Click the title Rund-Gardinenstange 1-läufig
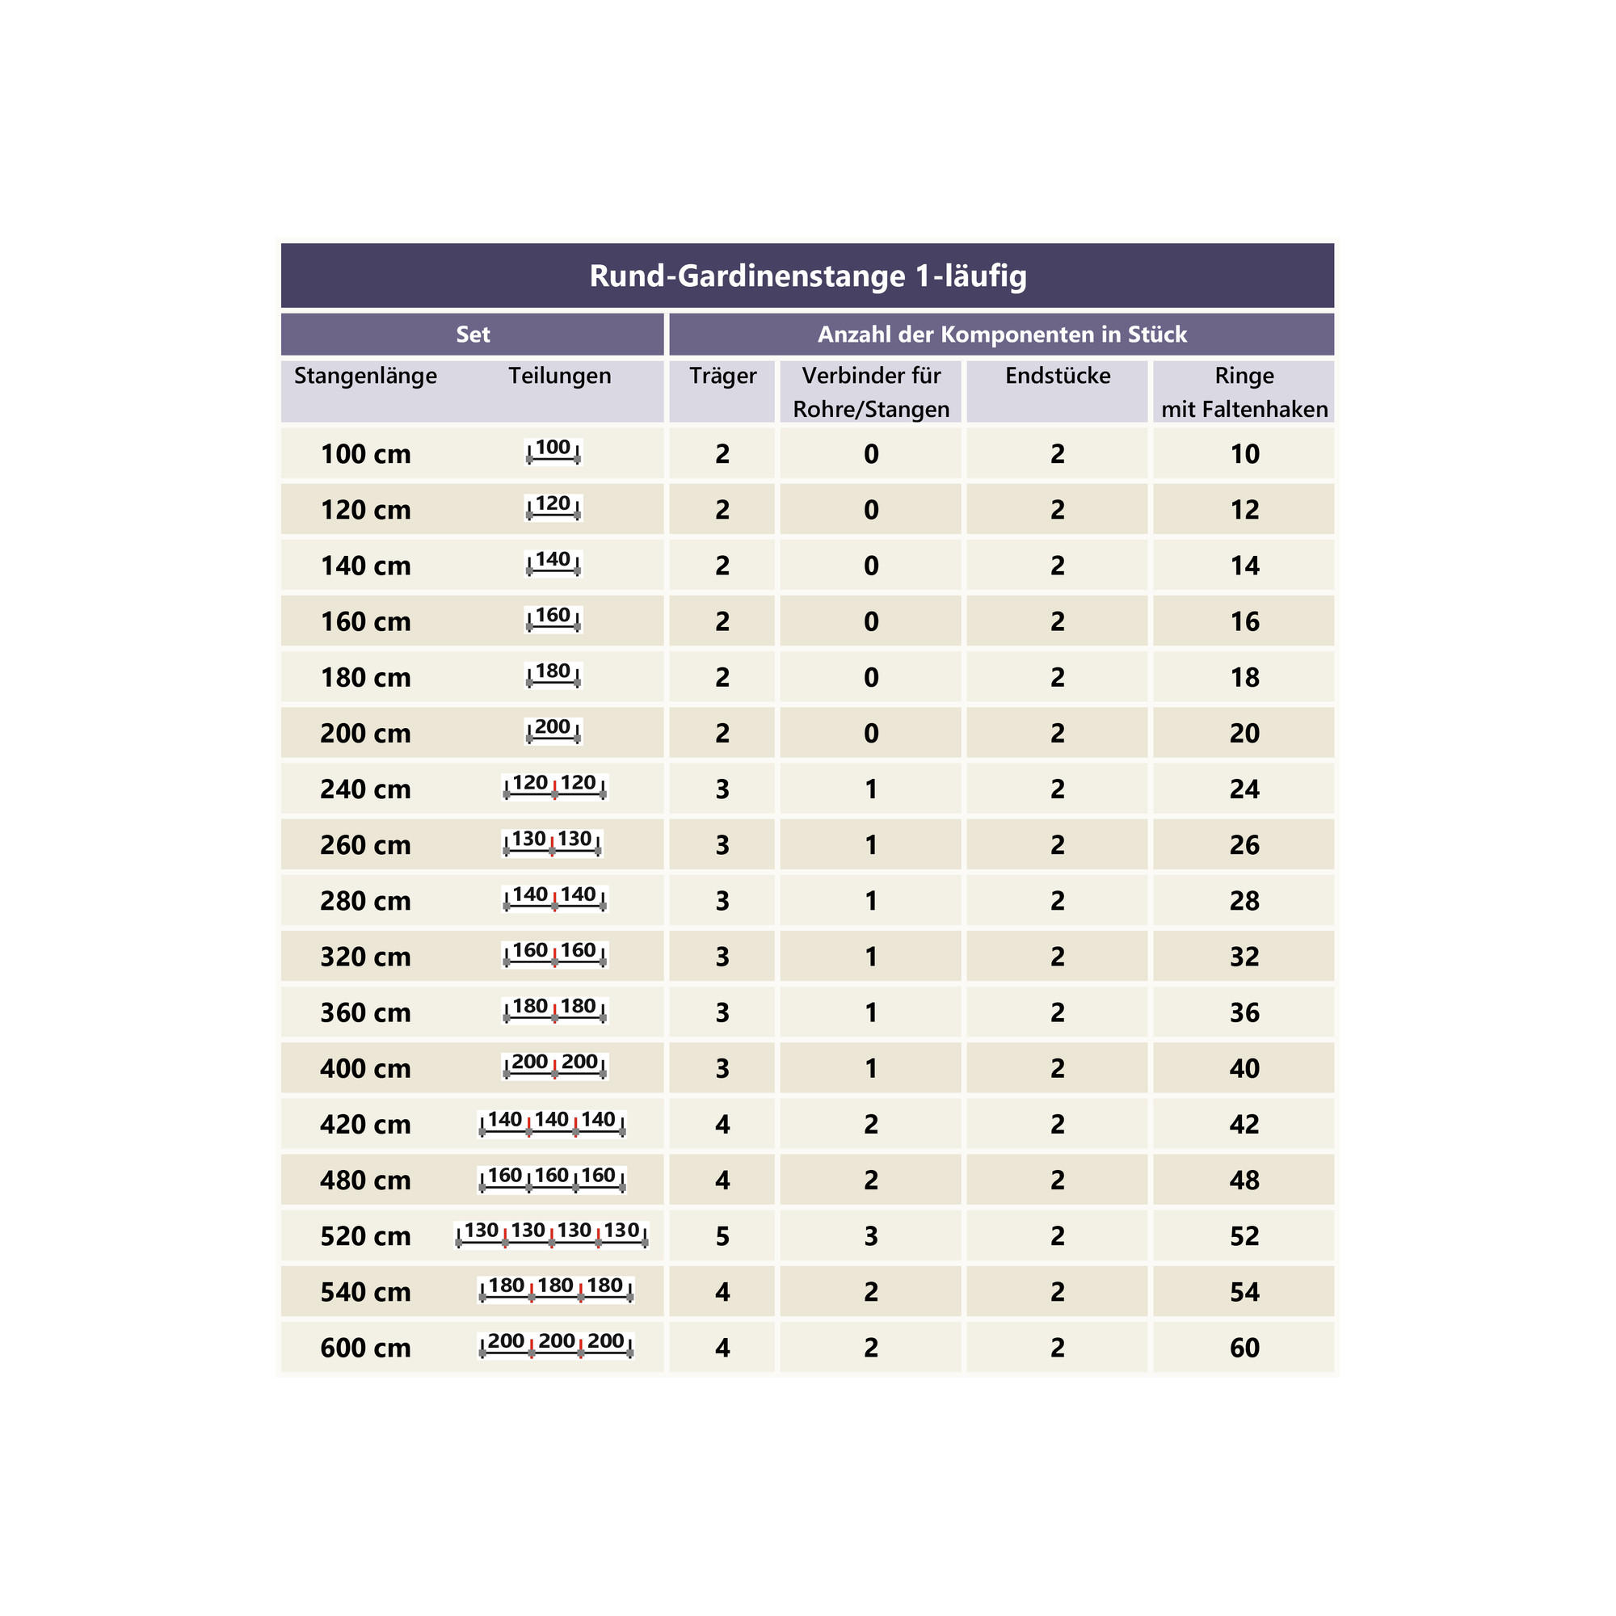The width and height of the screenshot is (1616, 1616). click(x=807, y=276)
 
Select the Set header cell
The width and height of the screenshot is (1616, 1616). click(x=473, y=335)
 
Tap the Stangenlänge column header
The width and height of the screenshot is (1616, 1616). click(x=365, y=376)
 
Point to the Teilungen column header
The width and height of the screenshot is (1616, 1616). click(x=560, y=376)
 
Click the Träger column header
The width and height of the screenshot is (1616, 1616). click(x=722, y=376)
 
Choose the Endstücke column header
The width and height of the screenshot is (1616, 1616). click(x=1057, y=376)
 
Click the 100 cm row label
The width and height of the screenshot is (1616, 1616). click(x=365, y=454)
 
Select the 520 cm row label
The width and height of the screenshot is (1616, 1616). click(x=365, y=1236)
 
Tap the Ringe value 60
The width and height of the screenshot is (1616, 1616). click(x=1244, y=1348)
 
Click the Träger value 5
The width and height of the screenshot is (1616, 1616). click(x=722, y=1236)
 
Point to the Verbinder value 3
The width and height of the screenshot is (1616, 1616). click(x=871, y=1236)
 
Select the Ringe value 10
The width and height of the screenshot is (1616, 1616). click(x=1244, y=454)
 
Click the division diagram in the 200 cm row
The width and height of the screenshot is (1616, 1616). click(x=553, y=731)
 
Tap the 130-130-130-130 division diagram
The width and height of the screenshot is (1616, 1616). click(x=552, y=1235)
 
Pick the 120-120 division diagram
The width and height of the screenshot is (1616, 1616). click(x=553, y=787)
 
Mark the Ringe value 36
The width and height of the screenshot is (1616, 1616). click(x=1244, y=1013)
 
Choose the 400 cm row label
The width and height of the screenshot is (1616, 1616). click(x=365, y=1069)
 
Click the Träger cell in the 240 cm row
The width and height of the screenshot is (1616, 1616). click(x=722, y=789)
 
